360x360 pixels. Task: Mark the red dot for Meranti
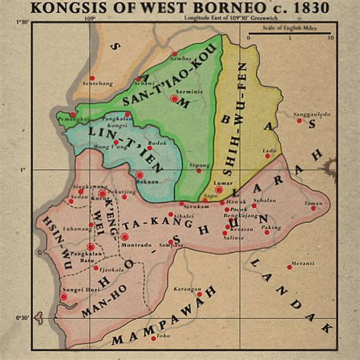point(289,267)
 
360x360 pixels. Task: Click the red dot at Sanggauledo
point(299,120)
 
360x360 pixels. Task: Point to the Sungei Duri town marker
point(65,296)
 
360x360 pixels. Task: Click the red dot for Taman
point(312,207)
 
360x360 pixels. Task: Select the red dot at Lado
point(267,157)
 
